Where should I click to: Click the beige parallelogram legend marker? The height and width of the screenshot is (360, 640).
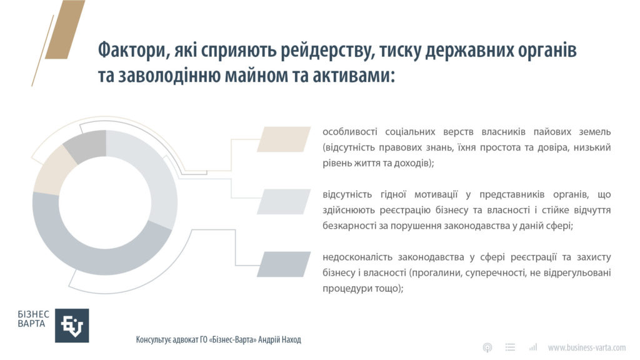coord(284,139)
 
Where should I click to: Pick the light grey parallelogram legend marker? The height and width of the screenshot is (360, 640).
coord(284,202)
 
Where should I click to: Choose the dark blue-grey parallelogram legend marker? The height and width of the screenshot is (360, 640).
coord(284,264)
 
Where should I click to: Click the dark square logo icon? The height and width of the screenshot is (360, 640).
coord(72,325)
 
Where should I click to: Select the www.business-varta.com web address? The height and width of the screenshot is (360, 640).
coord(586,347)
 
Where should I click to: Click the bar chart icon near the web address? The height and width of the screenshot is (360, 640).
coord(532,347)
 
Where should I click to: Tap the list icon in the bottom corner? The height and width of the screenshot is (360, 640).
coord(510,347)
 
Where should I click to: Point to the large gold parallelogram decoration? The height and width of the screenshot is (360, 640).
coord(65,29)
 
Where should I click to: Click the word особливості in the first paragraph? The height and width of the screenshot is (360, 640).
coord(350,132)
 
